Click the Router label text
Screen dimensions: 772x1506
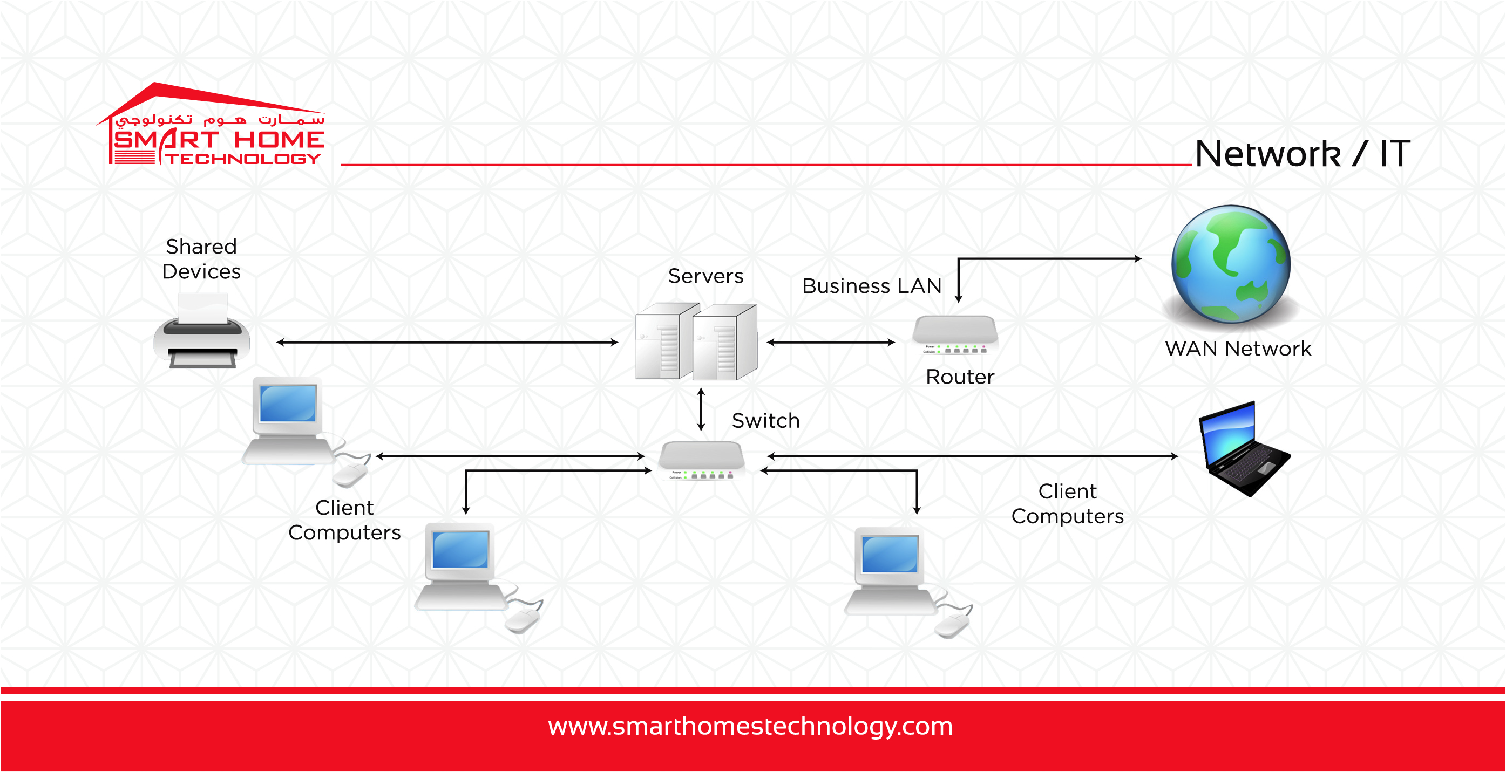[959, 377]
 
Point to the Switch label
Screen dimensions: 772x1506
[765, 421]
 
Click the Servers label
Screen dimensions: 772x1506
[705, 276]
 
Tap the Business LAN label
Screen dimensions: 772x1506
[871, 286]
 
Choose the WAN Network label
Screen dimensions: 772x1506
[1238, 349]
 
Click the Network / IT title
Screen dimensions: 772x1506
[1302, 154]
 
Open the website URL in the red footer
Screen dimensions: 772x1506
[750, 727]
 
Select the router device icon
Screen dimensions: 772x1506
[955, 335]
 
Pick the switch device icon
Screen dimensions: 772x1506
[702, 461]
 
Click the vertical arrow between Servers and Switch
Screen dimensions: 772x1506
[701, 409]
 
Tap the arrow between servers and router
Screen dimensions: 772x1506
[830, 343]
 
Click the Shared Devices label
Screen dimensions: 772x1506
[201, 259]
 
